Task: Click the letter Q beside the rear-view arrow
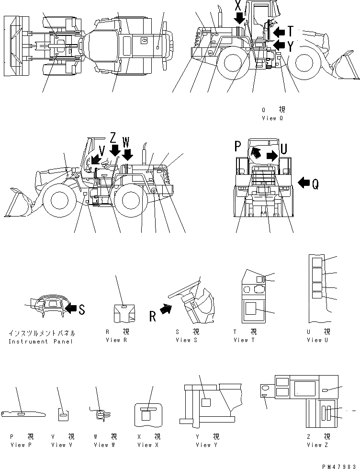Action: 315,184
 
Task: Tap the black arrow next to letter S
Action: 70,309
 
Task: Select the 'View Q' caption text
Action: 272,118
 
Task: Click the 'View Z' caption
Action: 317,445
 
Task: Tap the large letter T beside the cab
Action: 291,32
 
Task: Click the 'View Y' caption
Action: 206,445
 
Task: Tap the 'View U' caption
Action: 317,340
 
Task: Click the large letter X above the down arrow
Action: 238,6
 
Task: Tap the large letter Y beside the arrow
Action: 291,47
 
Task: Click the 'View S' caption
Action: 186,340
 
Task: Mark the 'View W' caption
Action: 104,445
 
